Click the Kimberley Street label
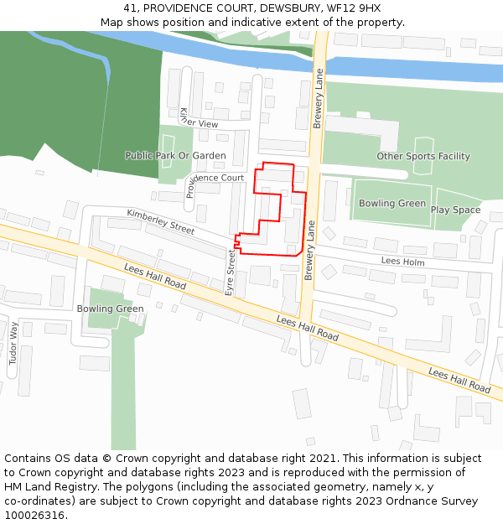pos(160,221)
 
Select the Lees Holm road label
pos(402,262)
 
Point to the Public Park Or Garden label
pos(175,155)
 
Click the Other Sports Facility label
pos(423,156)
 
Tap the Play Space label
pos(456,210)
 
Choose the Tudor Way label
pos(13,342)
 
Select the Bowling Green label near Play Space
pos(392,203)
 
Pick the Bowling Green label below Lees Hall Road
pos(110,309)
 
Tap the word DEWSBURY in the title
pos(289,8)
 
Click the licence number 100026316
pos(36,516)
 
